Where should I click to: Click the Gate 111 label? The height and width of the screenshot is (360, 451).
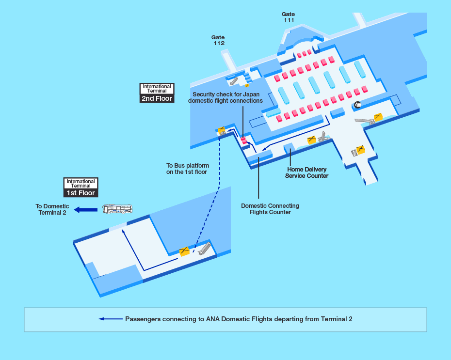(x=289, y=17)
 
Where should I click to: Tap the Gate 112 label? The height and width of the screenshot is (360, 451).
(x=218, y=40)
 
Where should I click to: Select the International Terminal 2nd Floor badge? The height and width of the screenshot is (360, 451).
(x=157, y=93)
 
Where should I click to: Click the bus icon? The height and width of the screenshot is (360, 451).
(x=117, y=209)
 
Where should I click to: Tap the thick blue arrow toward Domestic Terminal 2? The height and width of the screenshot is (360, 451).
(x=86, y=209)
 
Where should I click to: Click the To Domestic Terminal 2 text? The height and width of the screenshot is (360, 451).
(x=52, y=209)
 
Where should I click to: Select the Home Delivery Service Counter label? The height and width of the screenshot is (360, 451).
(x=306, y=172)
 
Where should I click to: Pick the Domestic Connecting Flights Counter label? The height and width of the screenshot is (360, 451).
(x=270, y=209)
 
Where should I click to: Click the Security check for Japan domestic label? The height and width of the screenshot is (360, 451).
(x=225, y=97)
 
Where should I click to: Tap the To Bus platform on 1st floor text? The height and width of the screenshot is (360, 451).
(x=187, y=169)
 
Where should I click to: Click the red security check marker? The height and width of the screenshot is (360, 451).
(x=244, y=141)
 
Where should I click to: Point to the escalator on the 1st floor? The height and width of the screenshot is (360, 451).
(x=204, y=248)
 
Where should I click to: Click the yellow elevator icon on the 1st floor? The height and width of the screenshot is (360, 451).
(x=184, y=251)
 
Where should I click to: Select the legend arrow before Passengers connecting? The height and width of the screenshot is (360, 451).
(x=111, y=319)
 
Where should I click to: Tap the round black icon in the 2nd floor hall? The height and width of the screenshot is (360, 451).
(x=357, y=105)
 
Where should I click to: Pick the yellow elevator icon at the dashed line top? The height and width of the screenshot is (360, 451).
(x=222, y=130)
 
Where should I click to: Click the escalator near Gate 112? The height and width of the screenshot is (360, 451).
(x=234, y=80)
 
